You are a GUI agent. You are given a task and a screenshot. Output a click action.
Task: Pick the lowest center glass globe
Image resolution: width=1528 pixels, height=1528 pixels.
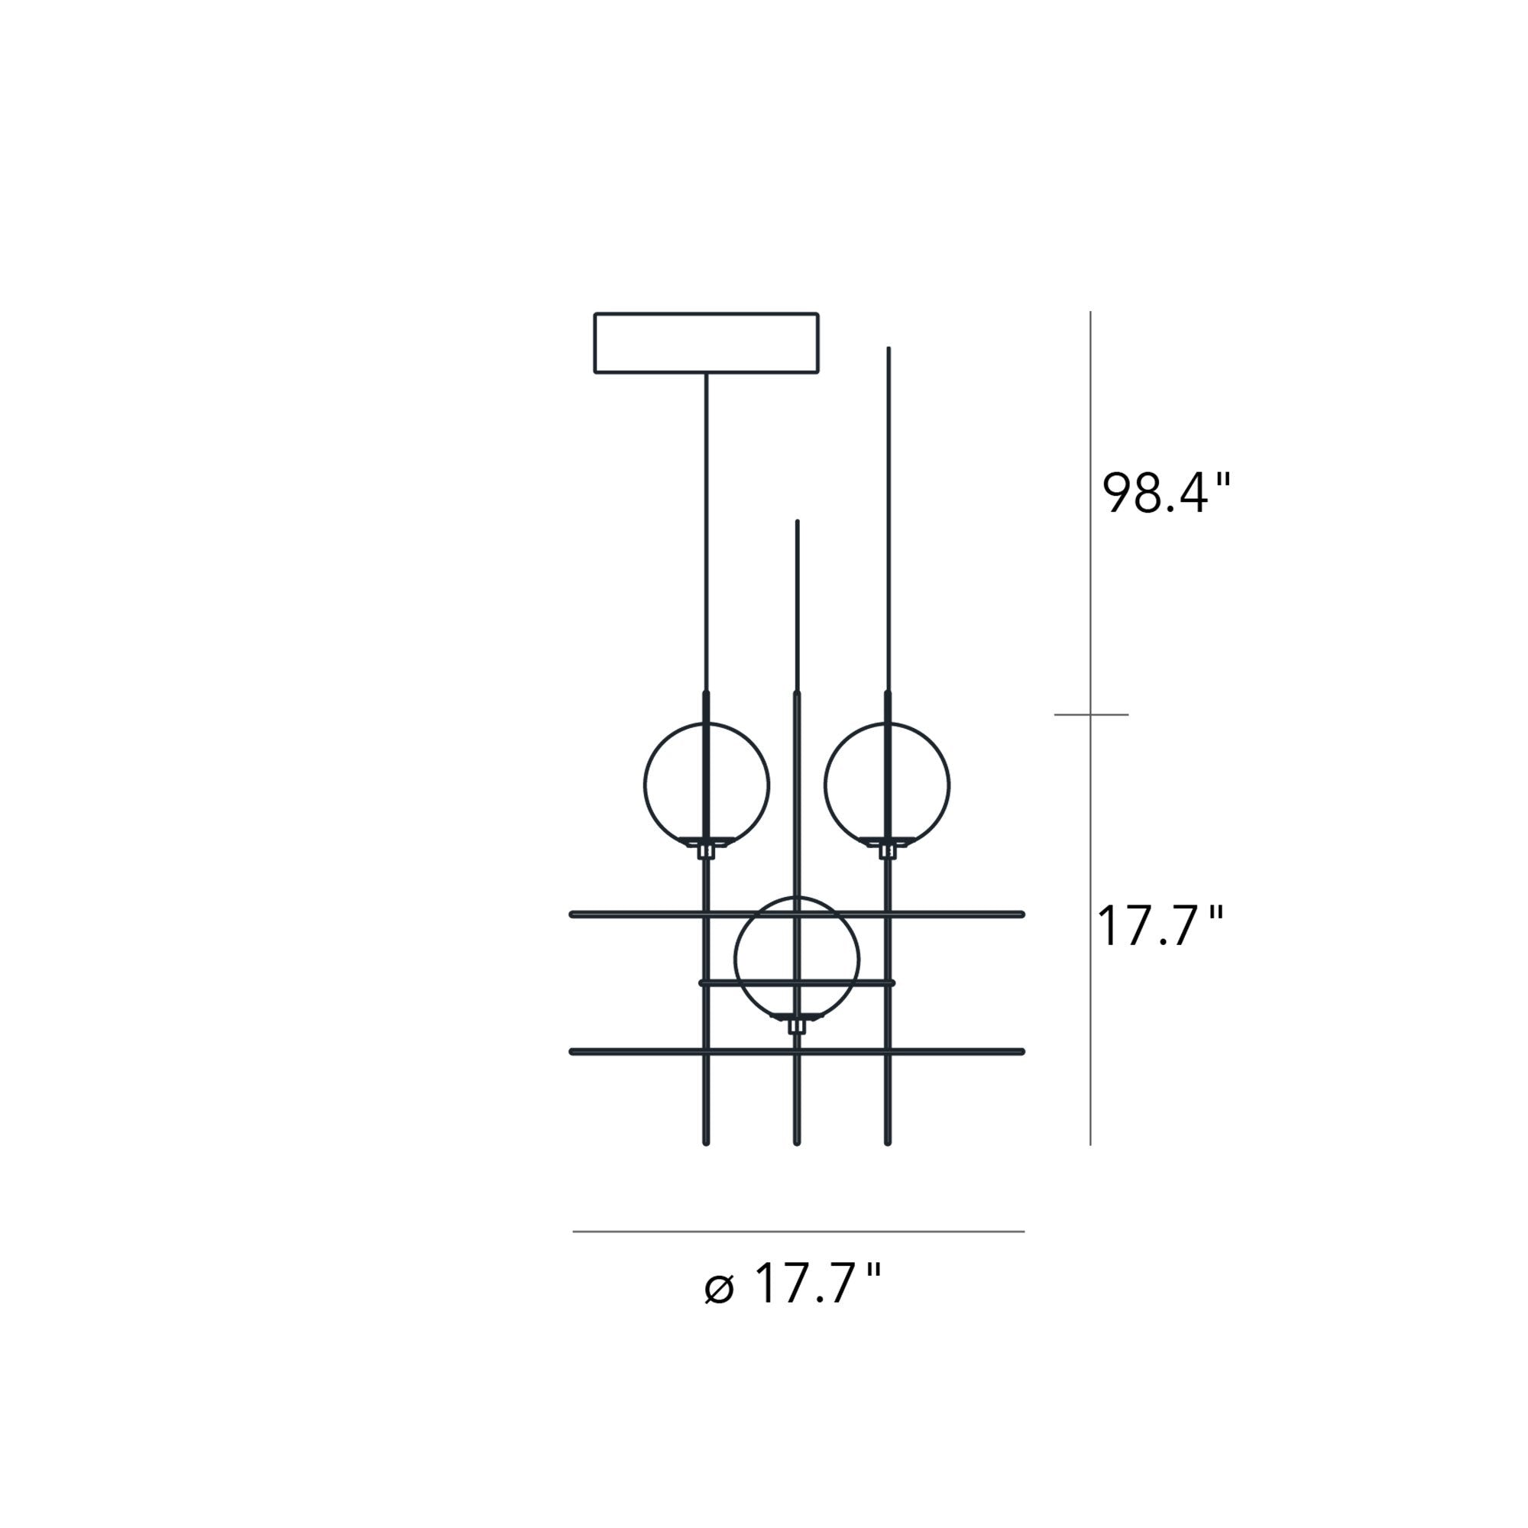[x=736, y=959]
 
